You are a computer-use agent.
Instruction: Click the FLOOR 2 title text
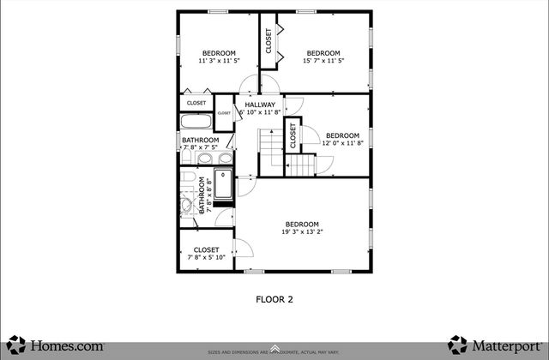click(274, 300)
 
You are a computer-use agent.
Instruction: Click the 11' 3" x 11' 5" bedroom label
click(218, 57)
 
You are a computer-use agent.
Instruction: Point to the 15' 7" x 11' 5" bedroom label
click(323, 57)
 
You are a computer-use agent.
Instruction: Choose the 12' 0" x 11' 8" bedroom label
click(342, 139)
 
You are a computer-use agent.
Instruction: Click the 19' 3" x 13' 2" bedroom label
click(302, 228)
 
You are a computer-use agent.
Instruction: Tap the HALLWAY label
click(259, 108)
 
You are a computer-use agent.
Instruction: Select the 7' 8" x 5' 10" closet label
click(205, 254)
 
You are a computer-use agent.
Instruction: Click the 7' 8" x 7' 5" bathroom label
click(200, 143)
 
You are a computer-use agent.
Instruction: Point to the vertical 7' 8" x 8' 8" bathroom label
click(204, 195)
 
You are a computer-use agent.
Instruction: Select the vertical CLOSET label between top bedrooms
click(268, 42)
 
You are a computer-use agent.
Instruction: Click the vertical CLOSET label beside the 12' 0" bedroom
click(293, 135)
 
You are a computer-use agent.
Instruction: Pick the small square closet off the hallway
click(224, 113)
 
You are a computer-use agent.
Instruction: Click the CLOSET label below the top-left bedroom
click(196, 103)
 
